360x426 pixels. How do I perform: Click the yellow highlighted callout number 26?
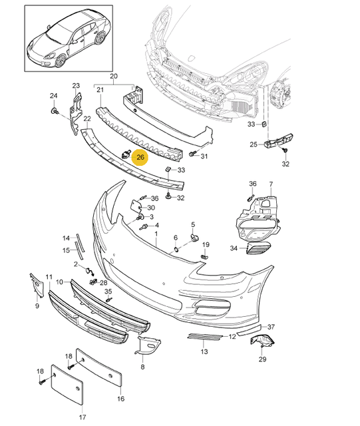[x=141, y=158]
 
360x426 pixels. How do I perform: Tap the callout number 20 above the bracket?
[x=113, y=77]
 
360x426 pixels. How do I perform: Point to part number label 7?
[x=271, y=184]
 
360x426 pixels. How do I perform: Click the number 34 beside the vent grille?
[x=234, y=248]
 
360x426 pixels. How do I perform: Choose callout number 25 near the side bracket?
[x=254, y=144]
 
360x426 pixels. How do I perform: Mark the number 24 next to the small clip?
[x=53, y=97]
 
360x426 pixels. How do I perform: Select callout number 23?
[x=76, y=86]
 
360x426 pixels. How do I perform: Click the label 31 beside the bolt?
[x=204, y=156]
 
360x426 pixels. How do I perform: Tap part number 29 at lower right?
[x=262, y=359]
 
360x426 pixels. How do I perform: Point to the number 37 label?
[x=271, y=327]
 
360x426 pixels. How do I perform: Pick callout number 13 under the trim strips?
[x=205, y=351]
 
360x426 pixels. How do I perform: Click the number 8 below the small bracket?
[x=142, y=366]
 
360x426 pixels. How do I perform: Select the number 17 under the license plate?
[x=83, y=417]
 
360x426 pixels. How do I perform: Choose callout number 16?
[x=120, y=399]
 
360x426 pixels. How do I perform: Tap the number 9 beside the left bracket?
[x=37, y=306]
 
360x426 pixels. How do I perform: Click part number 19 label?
[x=206, y=244]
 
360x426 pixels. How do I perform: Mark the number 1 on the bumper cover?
[x=156, y=234]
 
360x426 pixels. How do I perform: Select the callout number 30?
[x=151, y=208]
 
